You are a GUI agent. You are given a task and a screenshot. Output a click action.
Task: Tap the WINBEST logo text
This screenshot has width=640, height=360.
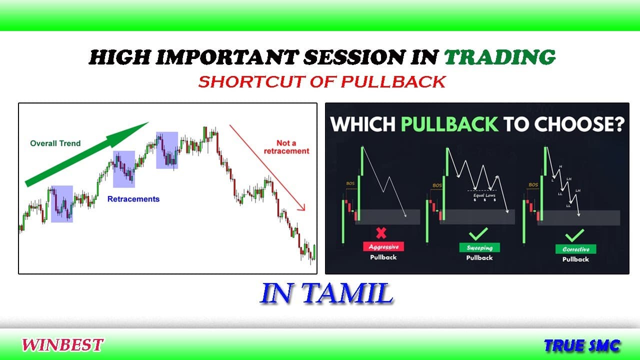tap(62, 344)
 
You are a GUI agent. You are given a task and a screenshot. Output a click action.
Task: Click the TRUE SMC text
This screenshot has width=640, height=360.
tap(582, 345)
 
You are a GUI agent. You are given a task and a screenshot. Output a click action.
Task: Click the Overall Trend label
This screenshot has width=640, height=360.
tap(55, 143)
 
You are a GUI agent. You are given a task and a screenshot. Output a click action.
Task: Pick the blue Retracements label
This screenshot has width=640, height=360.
tap(133, 199)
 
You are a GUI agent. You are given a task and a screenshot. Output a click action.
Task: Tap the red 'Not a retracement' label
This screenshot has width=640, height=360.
tap(286, 147)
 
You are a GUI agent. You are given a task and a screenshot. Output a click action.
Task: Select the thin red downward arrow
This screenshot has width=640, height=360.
tap(267, 167)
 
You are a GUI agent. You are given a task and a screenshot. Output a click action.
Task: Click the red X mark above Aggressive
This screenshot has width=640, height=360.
tap(381, 233)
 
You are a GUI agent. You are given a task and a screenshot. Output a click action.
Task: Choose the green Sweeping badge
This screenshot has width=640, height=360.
tap(479, 247)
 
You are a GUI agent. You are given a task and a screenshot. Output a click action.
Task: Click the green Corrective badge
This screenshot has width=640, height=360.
tap(575, 249)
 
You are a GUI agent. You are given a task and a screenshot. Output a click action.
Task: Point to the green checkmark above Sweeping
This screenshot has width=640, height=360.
tap(479, 234)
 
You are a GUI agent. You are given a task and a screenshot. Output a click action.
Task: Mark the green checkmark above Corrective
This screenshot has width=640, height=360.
tap(574, 235)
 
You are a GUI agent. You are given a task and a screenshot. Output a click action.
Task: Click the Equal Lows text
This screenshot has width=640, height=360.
tap(483, 195)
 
